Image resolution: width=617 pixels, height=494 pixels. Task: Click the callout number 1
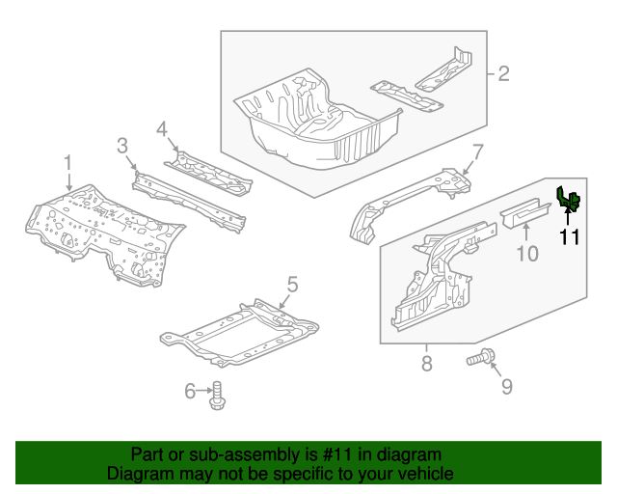[68, 161]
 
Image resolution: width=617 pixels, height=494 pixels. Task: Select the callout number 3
[122, 146]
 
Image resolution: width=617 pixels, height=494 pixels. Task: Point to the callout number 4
[162, 128]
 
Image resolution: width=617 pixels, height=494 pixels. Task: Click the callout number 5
[292, 285]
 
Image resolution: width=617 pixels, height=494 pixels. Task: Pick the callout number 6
[190, 390]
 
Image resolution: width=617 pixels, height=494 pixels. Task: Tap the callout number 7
[476, 151]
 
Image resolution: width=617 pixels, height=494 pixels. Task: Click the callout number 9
[506, 387]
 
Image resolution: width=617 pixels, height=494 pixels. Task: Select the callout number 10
[526, 254]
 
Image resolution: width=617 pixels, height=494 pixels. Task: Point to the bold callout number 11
[569, 236]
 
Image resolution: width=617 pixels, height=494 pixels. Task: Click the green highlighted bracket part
[567, 200]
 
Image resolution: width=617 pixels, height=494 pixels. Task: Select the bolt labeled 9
[479, 360]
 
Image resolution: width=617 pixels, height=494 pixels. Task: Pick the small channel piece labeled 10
[518, 211]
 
